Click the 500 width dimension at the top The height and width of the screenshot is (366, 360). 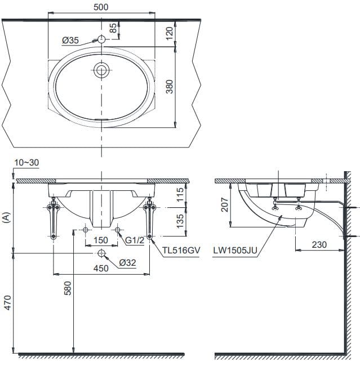[x=102, y=7]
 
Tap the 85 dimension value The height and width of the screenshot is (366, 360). [x=113, y=28]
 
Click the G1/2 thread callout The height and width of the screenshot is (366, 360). [x=135, y=241]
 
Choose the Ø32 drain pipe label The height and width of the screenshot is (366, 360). [x=128, y=262]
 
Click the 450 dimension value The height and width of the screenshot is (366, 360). [x=101, y=269]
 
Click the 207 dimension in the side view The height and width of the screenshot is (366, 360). [x=224, y=205]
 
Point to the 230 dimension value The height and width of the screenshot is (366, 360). [x=318, y=246]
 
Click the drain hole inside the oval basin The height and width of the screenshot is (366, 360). [x=101, y=70]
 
